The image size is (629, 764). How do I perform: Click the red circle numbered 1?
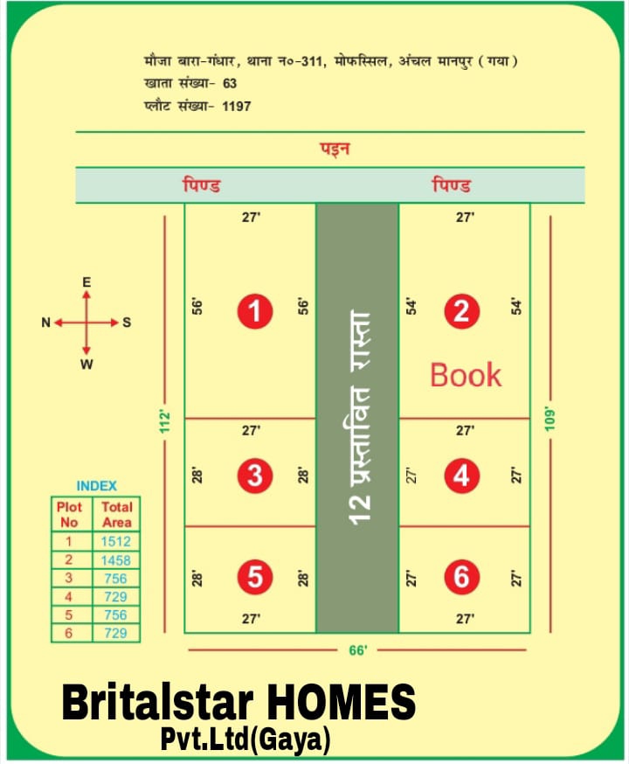[254, 311]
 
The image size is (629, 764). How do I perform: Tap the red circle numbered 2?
[460, 311]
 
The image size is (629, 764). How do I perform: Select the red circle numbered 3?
[254, 476]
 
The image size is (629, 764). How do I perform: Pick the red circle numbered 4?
[460, 476]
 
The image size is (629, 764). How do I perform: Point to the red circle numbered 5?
[254, 577]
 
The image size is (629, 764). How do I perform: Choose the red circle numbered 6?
[460, 577]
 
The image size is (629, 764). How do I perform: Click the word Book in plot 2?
[466, 375]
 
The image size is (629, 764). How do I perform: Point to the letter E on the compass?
[86, 282]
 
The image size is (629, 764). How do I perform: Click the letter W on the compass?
[86, 365]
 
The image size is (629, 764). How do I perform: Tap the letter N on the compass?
[45, 323]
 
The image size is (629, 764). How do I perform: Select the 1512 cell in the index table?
[115, 541]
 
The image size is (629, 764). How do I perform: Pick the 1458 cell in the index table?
[115, 559]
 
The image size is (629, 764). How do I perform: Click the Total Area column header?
[116, 514]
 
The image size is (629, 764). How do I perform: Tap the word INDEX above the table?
[96, 485]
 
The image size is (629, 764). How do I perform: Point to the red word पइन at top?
[335, 149]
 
